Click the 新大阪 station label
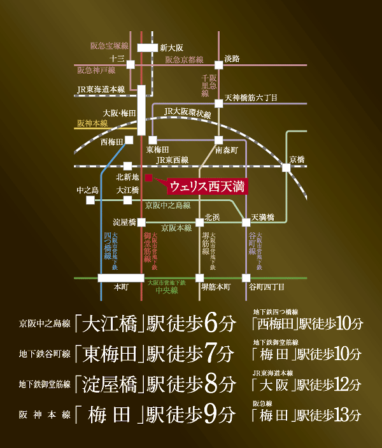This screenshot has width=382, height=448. (172, 47)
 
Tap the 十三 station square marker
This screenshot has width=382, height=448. (130, 64)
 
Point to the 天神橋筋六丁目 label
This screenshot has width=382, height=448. (251, 98)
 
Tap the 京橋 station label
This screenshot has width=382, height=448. (297, 159)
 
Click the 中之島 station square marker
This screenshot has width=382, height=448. (90, 200)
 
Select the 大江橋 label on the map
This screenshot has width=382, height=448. (127, 190)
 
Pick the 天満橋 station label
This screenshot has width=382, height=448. (262, 217)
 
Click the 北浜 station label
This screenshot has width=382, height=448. (212, 217)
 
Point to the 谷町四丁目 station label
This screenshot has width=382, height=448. (267, 288)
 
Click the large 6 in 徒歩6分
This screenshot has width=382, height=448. (212, 323)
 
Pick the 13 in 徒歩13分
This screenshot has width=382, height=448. (342, 416)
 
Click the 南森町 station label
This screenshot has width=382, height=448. (227, 151)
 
